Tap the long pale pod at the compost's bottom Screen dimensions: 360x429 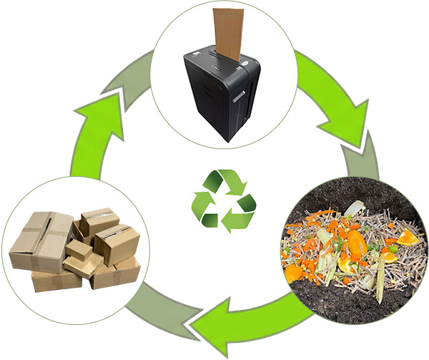pyautogui.click(x=379, y=287)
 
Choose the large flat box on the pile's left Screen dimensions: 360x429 pyautogui.click(x=39, y=239)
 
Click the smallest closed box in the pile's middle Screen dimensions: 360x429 pyautogui.click(x=78, y=250)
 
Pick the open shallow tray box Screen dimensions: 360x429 pyautogui.click(x=83, y=266)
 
